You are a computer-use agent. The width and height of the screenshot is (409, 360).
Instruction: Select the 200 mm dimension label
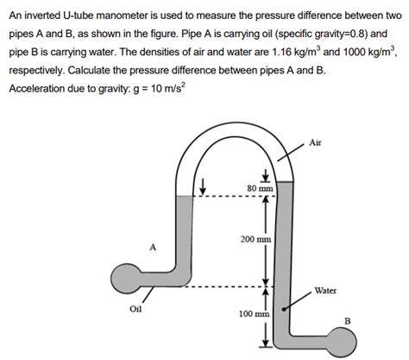tap(256, 237)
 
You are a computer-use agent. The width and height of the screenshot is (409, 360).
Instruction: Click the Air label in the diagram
tap(315, 142)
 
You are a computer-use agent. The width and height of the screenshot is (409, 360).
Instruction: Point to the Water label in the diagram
tap(325, 291)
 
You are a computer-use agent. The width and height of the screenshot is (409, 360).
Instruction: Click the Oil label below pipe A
tap(136, 309)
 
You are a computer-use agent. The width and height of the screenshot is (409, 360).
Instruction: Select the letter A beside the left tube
tap(153, 248)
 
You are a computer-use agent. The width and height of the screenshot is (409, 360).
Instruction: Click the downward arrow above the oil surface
tap(203, 186)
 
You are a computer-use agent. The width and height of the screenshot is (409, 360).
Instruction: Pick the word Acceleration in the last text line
tap(40, 90)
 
